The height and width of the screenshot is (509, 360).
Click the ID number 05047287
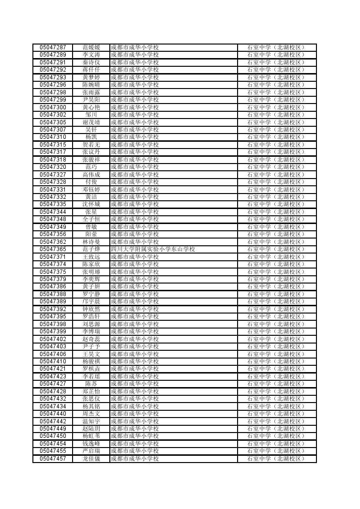(x=53, y=47)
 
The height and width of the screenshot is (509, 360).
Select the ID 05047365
(x=53, y=249)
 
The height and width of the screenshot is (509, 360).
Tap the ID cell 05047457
(x=53, y=459)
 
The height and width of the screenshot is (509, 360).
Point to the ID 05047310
(x=53, y=137)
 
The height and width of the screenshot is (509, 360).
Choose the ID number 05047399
(x=53, y=331)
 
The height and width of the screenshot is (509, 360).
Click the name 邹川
(x=91, y=115)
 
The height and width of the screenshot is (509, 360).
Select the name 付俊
(x=91, y=182)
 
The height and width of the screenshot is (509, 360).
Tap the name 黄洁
(x=91, y=197)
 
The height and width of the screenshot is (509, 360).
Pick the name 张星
(x=91, y=212)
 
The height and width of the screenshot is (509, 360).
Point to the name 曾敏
(x=91, y=227)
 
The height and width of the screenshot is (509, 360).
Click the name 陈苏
(x=91, y=384)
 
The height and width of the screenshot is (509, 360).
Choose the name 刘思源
(x=91, y=324)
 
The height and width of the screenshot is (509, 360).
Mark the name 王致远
(x=91, y=257)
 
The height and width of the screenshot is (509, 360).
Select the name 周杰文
(x=91, y=414)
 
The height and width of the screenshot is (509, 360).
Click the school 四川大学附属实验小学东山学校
(x=153, y=249)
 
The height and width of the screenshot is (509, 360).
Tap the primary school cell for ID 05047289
(x=135, y=55)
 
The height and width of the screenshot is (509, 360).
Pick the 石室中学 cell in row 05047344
(x=276, y=212)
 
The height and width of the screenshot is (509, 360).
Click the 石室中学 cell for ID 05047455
(x=276, y=451)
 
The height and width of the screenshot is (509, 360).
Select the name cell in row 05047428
(x=91, y=391)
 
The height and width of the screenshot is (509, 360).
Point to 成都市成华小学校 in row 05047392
(x=135, y=309)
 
